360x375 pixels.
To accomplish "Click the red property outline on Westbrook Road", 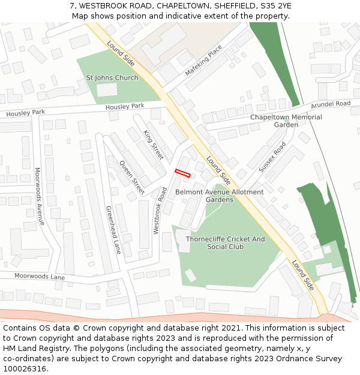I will (182, 173).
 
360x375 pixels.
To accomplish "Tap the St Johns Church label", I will (112, 78).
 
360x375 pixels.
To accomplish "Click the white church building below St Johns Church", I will (107, 90).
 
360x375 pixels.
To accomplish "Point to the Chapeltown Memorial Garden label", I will (286, 121).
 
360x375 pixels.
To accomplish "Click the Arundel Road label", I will (331, 104).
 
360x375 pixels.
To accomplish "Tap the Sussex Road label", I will (272, 157).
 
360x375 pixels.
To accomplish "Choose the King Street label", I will (154, 145).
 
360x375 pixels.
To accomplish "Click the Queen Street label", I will (132, 178).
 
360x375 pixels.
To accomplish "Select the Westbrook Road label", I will (160, 210).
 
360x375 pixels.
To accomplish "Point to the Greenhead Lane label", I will (113, 230).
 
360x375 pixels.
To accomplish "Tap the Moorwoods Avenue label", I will (40, 196).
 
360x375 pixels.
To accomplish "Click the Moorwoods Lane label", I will (40, 277).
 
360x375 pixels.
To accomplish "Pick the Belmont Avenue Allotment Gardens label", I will (219, 196).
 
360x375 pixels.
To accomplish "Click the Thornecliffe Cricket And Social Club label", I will (225, 242).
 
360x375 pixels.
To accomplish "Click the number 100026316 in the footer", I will (25, 368).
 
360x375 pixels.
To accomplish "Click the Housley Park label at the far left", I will (26, 113).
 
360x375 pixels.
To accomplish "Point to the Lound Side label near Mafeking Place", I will (121, 53).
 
